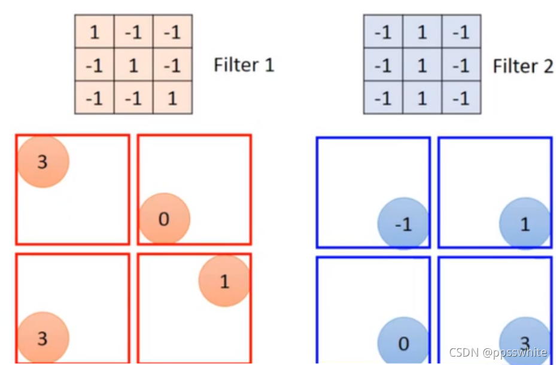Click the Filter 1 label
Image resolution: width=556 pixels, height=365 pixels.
[244, 65]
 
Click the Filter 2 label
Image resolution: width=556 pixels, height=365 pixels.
[522, 66]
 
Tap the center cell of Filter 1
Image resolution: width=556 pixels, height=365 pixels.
[133, 65]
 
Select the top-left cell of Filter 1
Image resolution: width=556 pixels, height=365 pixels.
[94, 32]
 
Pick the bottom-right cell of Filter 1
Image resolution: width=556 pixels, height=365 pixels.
[172, 98]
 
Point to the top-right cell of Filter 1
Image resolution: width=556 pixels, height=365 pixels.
[172, 32]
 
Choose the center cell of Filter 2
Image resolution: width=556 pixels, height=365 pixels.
[422, 65]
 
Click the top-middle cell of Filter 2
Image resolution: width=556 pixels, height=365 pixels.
[422, 32]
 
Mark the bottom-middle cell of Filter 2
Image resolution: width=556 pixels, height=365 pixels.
[422, 98]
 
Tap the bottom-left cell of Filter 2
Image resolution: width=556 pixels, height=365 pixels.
[383, 98]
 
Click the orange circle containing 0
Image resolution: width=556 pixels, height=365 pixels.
[164, 219]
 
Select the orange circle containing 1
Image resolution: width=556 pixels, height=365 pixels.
[224, 281]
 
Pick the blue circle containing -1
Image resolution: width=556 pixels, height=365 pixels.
[403, 224]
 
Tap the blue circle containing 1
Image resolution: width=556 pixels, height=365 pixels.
[525, 224]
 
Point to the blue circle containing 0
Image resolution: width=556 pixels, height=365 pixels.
[403, 342]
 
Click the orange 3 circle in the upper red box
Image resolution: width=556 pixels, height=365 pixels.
[43, 162]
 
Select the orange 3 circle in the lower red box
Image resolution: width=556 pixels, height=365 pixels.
[43, 338]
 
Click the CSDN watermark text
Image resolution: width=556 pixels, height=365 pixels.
[498, 352]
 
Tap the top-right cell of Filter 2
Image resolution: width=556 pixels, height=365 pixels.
[461, 32]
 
